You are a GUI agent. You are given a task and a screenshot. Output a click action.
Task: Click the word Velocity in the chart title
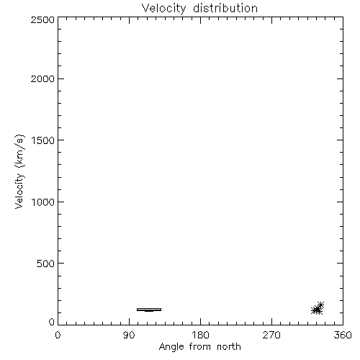coord(163,9)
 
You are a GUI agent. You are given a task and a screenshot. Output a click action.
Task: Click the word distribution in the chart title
coord(225,8)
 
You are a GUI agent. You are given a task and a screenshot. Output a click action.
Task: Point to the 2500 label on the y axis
coord(42,19)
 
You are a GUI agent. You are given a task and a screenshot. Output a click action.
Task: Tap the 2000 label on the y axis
coord(42,78)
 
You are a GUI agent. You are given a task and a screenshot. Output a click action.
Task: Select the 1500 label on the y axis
coord(43,140)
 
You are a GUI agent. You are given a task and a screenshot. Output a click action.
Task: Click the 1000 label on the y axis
coord(43,202)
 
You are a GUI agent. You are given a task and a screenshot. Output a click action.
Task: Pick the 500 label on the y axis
coord(46,264)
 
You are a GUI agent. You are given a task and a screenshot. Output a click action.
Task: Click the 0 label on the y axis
coord(52,322)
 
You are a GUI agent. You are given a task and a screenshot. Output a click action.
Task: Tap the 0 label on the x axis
coord(58,335)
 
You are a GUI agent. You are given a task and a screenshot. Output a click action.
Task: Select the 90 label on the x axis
coord(129,335)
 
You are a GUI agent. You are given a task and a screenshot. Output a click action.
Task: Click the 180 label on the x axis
coord(200,335)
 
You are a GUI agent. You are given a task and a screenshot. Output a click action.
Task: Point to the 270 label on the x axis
coord(271,335)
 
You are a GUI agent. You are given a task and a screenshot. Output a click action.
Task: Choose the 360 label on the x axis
coord(343,335)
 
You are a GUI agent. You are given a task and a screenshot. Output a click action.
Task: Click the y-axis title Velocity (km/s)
coord(19,171)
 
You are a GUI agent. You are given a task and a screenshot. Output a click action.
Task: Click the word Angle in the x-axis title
coord(171,347)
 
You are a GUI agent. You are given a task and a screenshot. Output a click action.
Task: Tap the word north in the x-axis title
coord(229,347)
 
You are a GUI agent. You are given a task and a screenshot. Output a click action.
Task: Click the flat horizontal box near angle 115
coord(149,310)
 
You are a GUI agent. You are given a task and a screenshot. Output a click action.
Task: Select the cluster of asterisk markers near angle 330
coord(318,309)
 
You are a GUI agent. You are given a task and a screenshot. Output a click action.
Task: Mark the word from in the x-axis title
coord(200,347)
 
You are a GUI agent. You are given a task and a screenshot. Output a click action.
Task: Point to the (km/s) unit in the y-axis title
coord(19,150)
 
